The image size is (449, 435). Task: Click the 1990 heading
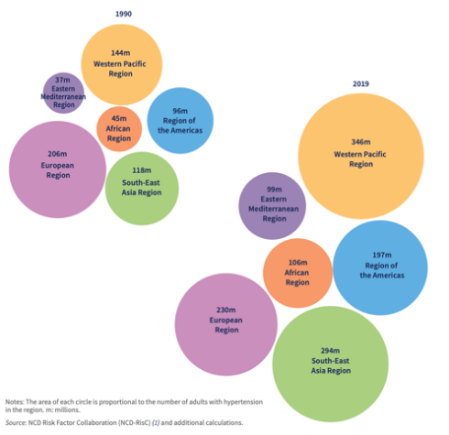tap(124, 14)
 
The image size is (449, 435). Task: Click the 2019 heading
tap(361, 83)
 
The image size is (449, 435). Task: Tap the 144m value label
tap(120, 53)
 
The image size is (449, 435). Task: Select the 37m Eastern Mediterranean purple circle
tap(63, 92)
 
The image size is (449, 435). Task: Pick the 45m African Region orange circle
tap(119, 129)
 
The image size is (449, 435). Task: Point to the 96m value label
tap(180, 111)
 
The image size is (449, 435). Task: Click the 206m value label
tap(57, 154)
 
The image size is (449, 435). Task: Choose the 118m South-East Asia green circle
tap(142, 189)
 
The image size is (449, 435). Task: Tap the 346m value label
tap(361, 142)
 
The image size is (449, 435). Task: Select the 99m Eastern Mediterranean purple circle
tap(272, 206)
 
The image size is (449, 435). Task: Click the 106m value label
tap(298, 263)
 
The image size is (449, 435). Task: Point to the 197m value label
tap(382, 255)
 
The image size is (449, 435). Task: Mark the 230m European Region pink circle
tap(226, 324)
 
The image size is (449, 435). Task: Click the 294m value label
tap(330, 351)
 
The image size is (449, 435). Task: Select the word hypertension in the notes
tap(243, 402)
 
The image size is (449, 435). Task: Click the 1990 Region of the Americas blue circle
tap(181, 121)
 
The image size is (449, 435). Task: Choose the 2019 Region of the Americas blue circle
tap(380, 267)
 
